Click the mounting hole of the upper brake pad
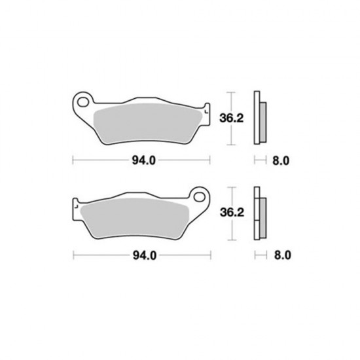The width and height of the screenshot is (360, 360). pos(83,102)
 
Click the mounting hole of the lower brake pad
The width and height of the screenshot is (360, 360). pos(199,197)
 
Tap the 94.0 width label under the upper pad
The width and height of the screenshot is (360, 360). pos(144,160)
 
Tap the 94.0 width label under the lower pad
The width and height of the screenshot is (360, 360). pos(145,255)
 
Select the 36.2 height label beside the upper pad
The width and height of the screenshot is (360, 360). pos(231,118)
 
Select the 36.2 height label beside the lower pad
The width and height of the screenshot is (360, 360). pos(232,213)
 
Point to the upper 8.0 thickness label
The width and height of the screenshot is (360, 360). pos(281,161)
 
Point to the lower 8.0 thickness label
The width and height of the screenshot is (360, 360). pos(282,255)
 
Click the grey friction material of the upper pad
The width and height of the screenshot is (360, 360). pos(147,123)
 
